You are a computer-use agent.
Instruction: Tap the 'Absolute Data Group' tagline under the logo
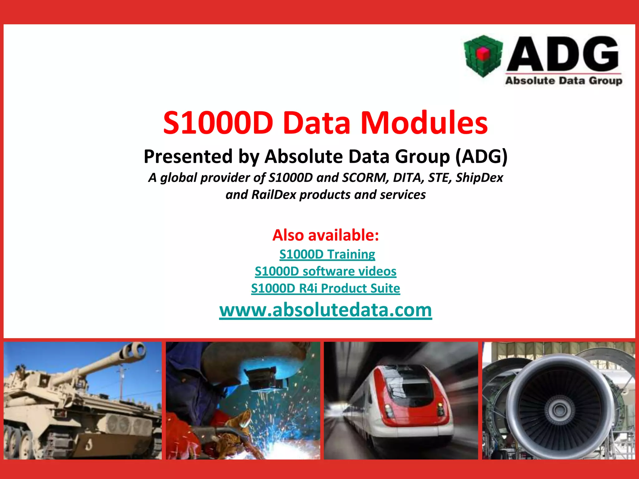pos(563,81)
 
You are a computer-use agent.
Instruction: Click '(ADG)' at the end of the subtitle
pos(481,156)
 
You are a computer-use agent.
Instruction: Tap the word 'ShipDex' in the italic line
pos(479,177)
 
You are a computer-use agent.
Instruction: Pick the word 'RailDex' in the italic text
pos(274,195)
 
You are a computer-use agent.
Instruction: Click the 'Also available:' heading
pos(325,235)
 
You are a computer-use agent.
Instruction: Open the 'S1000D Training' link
pos(327,254)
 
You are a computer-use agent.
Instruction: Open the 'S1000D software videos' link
pos(325,271)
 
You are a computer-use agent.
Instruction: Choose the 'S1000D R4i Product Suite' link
pos(325,288)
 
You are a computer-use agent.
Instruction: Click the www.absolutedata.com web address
pos(325,310)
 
